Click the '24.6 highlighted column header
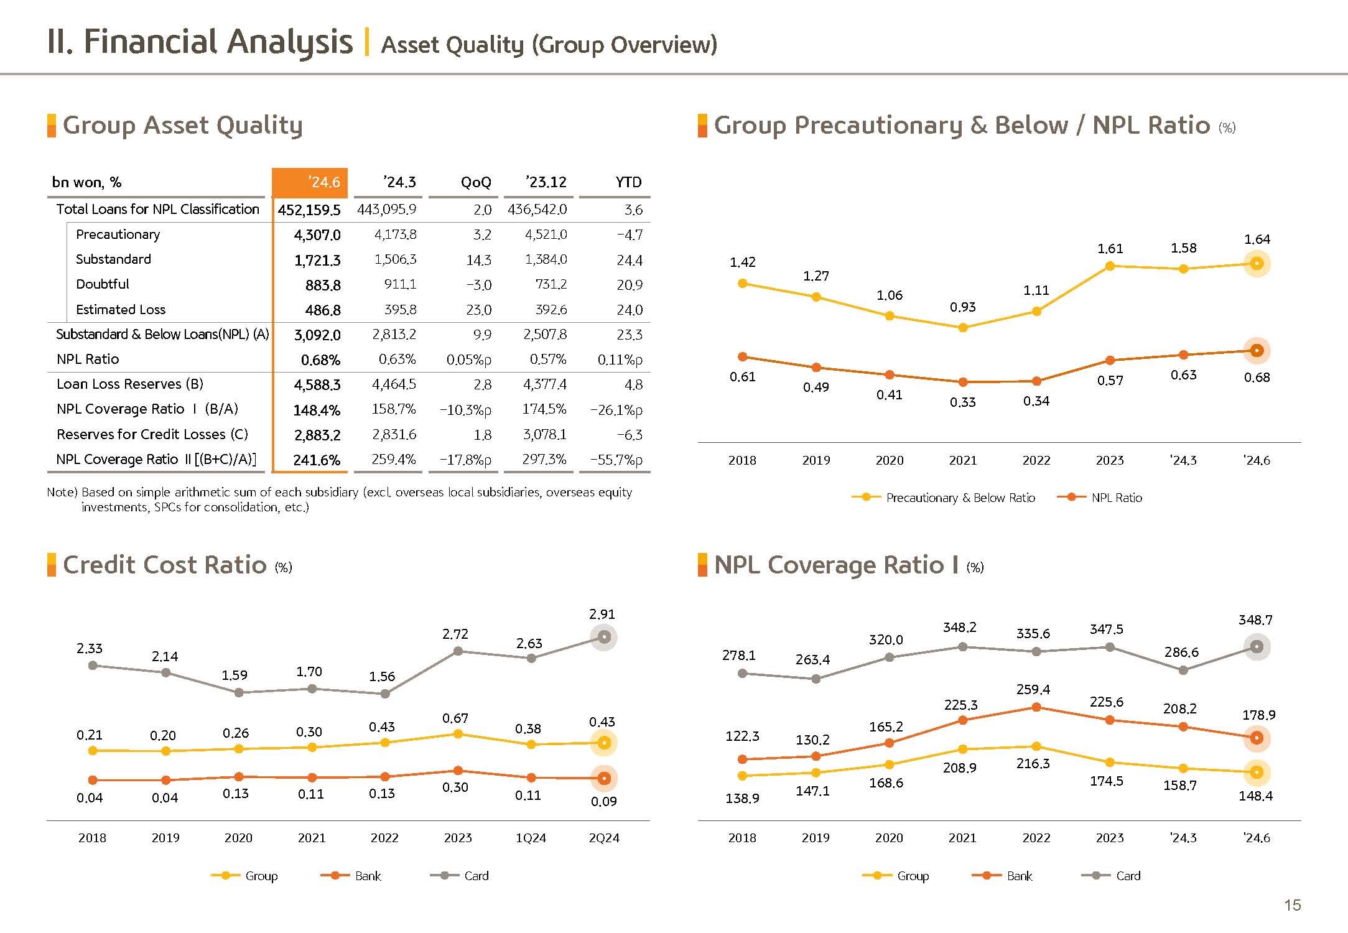coord(310,182)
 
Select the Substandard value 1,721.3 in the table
coord(317,260)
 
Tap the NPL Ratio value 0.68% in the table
coord(320,360)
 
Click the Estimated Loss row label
coord(121,310)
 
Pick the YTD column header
coord(628,182)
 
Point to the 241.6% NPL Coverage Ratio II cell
coord(317,460)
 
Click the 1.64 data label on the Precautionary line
coord(1257,239)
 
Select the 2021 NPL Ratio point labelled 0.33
coord(963,382)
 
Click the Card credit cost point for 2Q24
coord(604,637)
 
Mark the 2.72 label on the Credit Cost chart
coord(455,634)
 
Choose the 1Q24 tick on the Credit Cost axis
coord(531,838)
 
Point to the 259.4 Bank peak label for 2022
coord(1033,689)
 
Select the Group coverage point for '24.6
coord(1257,772)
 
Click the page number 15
coord(1292,905)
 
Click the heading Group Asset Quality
coord(182,125)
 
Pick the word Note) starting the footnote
coord(62,492)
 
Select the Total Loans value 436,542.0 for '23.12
coord(537,210)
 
